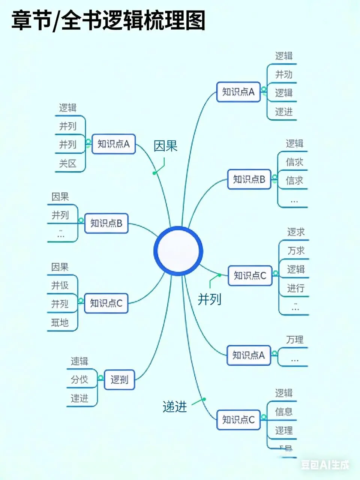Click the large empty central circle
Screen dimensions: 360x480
point(178,251)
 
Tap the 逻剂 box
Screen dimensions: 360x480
point(119,379)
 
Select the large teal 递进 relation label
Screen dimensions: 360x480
point(175,407)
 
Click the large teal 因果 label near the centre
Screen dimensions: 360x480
point(165,146)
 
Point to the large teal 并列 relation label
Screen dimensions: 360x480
point(209,299)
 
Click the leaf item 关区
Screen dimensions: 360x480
point(67,163)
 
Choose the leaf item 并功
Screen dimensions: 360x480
point(283,74)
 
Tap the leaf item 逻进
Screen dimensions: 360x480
point(283,111)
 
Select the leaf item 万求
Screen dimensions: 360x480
point(296,250)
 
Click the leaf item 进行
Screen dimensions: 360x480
point(295,288)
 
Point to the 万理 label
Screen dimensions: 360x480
point(295,340)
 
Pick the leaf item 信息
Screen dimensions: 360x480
point(283,412)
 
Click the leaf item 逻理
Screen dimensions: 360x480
point(283,430)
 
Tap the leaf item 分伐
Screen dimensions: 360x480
point(79,379)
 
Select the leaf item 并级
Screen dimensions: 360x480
point(60,285)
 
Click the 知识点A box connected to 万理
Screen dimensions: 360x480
point(249,355)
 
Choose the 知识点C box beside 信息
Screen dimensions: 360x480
point(238,420)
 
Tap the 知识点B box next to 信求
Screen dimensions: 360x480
point(249,179)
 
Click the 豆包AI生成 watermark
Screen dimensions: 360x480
point(325,465)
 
